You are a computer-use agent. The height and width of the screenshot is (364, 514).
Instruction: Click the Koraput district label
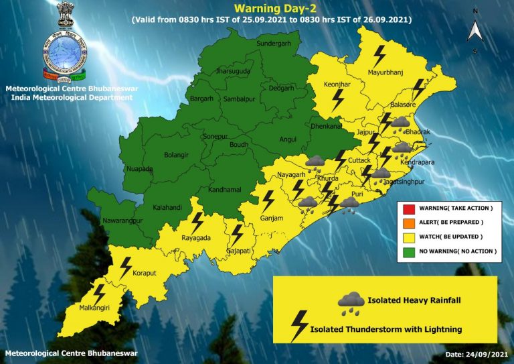(x=143, y=273)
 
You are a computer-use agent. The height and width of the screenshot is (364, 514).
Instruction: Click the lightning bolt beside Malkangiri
(x=99, y=293)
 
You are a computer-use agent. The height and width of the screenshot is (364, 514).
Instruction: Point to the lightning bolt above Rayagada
(x=197, y=221)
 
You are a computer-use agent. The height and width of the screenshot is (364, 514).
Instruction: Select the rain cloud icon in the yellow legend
(x=351, y=302)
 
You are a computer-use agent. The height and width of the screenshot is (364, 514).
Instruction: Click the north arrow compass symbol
(x=475, y=30)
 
